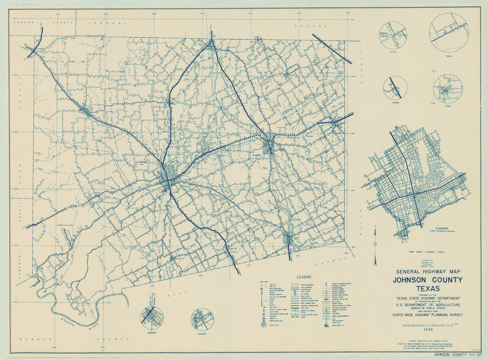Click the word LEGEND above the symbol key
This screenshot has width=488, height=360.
pyautogui.click(x=303, y=276)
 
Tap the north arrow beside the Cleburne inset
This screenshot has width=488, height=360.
pyautogui.click(x=375, y=246)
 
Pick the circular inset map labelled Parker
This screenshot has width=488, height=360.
pyautogui.click(x=395, y=87)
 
